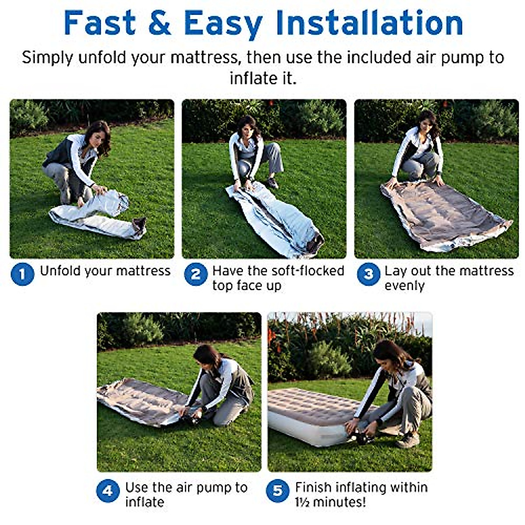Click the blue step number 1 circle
point(22,274)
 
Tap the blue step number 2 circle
point(195,274)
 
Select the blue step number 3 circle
point(368,274)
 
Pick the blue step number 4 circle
point(108,491)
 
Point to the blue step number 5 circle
point(277,491)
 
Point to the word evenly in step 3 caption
point(405,286)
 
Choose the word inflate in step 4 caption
point(144,502)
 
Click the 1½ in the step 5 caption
point(303,502)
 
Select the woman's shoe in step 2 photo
point(272,182)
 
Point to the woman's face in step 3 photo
point(426,123)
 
